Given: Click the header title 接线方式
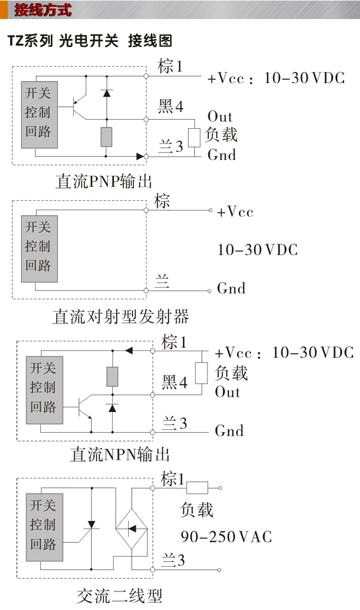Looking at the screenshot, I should [43, 10].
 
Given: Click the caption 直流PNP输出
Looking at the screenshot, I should [104, 181].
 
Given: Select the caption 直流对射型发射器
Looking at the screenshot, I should [121, 317].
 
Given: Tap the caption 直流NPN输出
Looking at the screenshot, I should [120, 454].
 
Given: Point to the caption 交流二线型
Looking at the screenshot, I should [119, 596].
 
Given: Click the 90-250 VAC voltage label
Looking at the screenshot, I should [226, 536].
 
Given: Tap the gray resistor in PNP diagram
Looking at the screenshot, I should [106, 137].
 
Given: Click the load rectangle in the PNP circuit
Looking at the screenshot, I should [194, 137].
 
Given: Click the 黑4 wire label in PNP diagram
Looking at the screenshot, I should [170, 107].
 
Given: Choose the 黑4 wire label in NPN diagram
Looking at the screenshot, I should [175, 382].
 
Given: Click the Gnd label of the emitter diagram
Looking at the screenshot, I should [231, 289].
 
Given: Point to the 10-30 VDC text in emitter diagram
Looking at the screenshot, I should [258, 249].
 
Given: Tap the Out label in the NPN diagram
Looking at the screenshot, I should [228, 392].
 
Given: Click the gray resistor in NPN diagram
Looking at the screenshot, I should [112, 376].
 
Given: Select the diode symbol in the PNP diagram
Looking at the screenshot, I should [106, 93].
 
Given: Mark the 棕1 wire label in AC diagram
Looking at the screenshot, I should [173, 480].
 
